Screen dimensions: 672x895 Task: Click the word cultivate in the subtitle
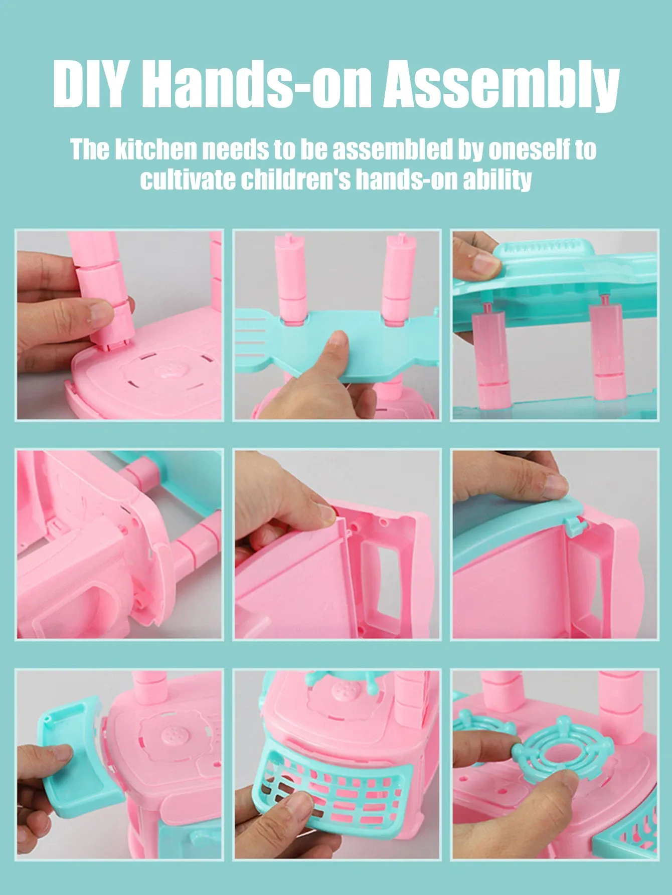[x=188, y=180]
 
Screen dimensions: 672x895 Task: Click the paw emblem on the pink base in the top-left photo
[x=171, y=372]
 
